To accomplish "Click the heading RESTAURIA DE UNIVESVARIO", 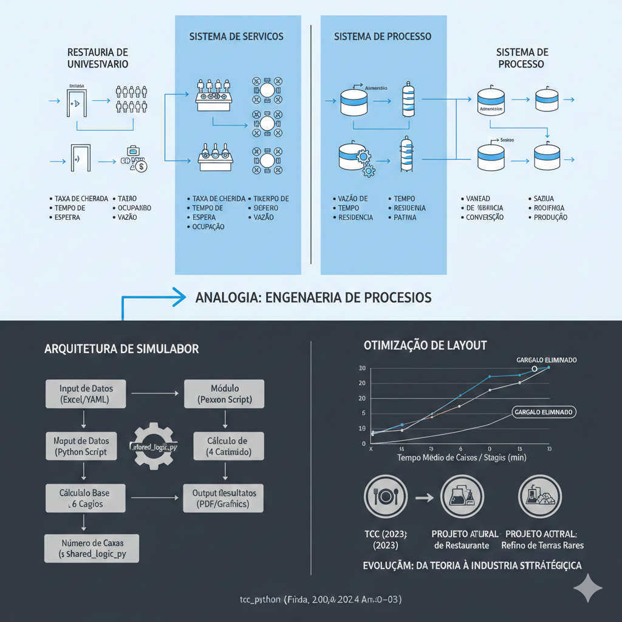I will [x=97, y=58].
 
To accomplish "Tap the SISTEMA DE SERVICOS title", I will [x=236, y=36].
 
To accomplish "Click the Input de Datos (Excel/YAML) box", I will [x=86, y=394].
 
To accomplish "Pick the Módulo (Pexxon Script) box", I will [x=224, y=394].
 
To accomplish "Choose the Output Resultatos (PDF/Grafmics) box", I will [x=224, y=498].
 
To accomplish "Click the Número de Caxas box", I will [x=91, y=548].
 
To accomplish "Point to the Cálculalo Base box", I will [x=85, y=498].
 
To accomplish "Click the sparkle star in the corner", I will [x=587, y=588].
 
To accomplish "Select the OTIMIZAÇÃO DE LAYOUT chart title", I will [x=425, y=346].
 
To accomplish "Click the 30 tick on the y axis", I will [x=361, y=368].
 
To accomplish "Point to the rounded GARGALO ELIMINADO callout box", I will [x=544, y=412].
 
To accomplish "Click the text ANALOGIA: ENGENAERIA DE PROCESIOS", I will [x=313, y=298].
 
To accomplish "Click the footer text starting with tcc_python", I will [x=320, y=600].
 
